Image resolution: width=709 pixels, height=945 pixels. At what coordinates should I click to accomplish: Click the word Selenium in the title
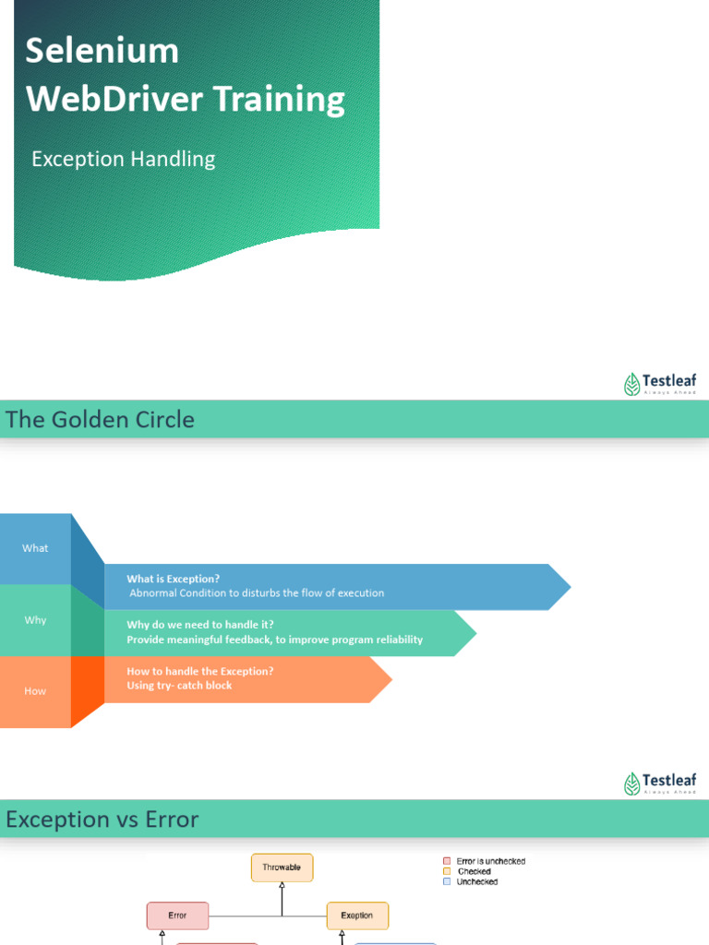point(102,51)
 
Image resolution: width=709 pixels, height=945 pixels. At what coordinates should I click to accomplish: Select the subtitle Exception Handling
point(123,159)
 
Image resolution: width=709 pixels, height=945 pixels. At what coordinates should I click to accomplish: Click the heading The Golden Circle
point(100,420)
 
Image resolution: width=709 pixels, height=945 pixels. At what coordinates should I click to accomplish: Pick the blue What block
point(35,548)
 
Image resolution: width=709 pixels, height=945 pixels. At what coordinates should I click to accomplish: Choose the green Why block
point(35,620)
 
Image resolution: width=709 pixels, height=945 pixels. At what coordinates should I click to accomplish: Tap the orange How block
point(35,691)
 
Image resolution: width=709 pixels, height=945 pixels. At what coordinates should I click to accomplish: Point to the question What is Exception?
point(174,579)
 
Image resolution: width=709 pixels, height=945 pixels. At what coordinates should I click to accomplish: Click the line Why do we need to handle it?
point(200,625)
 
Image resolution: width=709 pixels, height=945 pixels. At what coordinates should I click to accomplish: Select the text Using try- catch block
point(179,686)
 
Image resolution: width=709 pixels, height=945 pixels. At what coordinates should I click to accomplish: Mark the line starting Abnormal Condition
point(257,593)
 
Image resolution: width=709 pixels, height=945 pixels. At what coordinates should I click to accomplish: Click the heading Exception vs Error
point(102,819)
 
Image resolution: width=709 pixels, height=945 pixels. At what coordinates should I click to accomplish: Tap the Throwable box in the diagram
point(282,867)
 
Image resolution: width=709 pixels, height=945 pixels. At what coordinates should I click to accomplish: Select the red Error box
point(177,915)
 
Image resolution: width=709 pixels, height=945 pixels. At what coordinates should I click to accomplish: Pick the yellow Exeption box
point(357,915)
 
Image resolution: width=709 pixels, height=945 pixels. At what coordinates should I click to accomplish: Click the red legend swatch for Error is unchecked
point(447,861)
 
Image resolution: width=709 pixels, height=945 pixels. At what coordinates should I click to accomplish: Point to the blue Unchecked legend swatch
point(447,882)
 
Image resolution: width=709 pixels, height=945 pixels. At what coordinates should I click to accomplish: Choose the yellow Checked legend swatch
point(447,871)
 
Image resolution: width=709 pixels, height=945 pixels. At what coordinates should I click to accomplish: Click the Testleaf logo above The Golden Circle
point(660,383)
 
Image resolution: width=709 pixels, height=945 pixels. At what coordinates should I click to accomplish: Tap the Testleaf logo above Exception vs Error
point(660,784)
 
